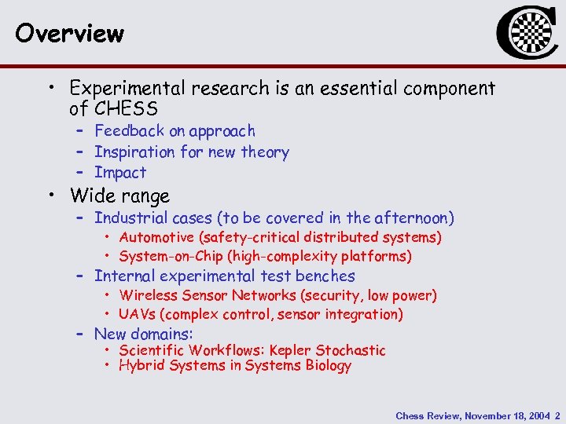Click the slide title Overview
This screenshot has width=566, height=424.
click(69, 34)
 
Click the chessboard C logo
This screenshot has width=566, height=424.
click(522, 34)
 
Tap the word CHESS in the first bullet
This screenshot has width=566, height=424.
click(126, 108)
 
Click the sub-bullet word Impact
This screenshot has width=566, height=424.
click(120, 173)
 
